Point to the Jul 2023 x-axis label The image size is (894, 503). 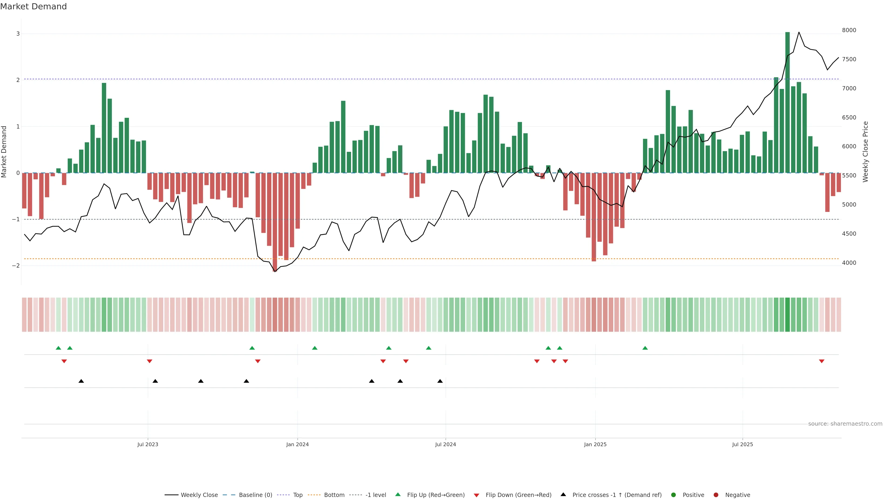[x=148, y=444]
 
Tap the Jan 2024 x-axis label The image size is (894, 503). [x=298, y=444]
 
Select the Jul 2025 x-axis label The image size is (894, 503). [x=742, y=444]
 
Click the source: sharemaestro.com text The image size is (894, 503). [x=845, y=424]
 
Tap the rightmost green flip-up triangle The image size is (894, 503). [x=645, y=348]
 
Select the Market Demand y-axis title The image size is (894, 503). [x=4, y=151]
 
